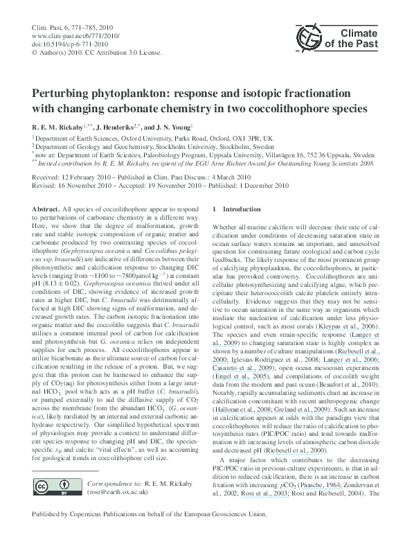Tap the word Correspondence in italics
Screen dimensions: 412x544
click(104, 478)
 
